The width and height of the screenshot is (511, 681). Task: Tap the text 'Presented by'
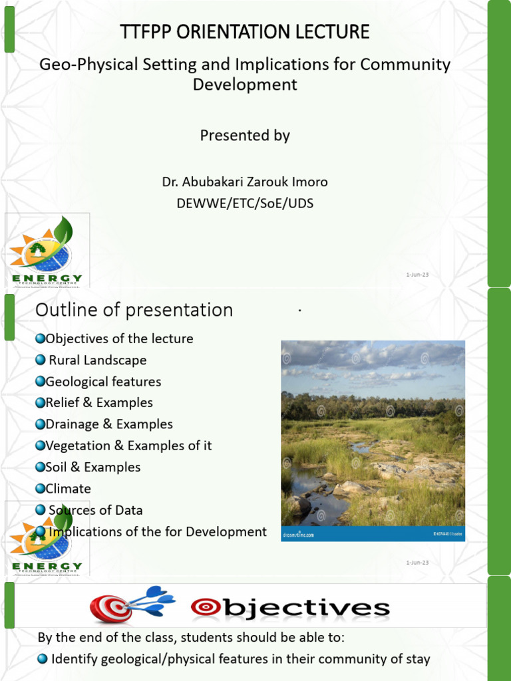[245, 136]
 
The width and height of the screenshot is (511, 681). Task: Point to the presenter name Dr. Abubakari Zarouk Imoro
[245, 182]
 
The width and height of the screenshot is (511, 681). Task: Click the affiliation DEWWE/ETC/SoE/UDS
[245, 204]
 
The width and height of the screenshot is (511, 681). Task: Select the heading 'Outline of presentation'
[134, 310]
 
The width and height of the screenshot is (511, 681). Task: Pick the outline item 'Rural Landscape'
[97, 360]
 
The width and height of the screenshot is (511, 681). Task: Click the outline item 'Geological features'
[103, 382]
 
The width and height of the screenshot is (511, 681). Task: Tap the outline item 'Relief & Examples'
[99, 403]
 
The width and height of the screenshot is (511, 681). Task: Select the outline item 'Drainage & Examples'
[109, 424]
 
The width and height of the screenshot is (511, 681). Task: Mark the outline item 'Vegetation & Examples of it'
[128, 446]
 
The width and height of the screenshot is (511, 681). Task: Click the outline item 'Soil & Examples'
[93, 468]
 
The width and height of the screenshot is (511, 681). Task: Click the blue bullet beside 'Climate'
[41, 489]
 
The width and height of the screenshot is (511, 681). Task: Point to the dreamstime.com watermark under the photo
[298, 534]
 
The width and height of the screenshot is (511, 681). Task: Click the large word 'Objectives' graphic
[290, 607]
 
